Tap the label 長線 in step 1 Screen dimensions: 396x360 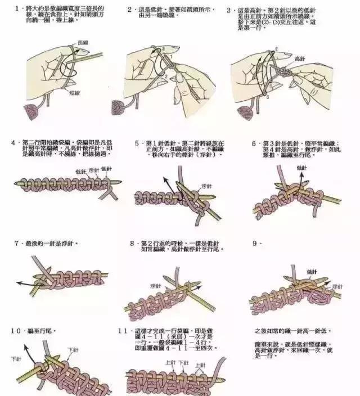tap(83, 43)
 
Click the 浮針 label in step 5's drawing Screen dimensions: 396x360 tap(205, 186)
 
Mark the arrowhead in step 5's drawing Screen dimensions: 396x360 tap(165, 179)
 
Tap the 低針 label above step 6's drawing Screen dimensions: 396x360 tap(301, 168)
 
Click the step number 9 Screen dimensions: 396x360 tap(255, 243)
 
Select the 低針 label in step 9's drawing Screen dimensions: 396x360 tap(313, 272)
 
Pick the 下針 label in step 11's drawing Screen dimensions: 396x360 tap(183, 363)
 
